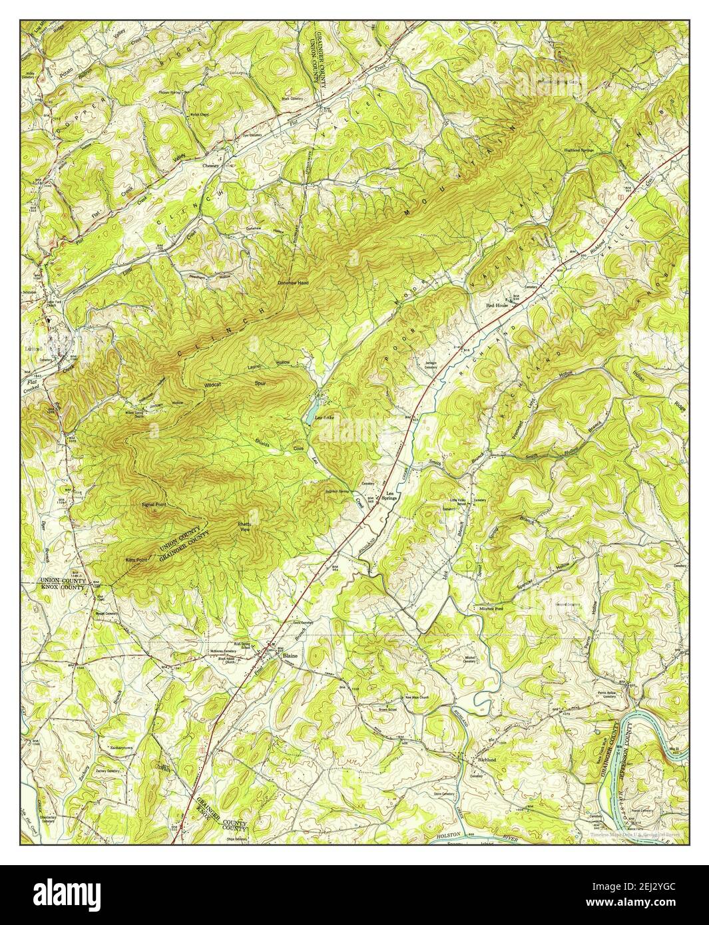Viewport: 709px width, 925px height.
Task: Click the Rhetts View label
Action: (x=244, y=527)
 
